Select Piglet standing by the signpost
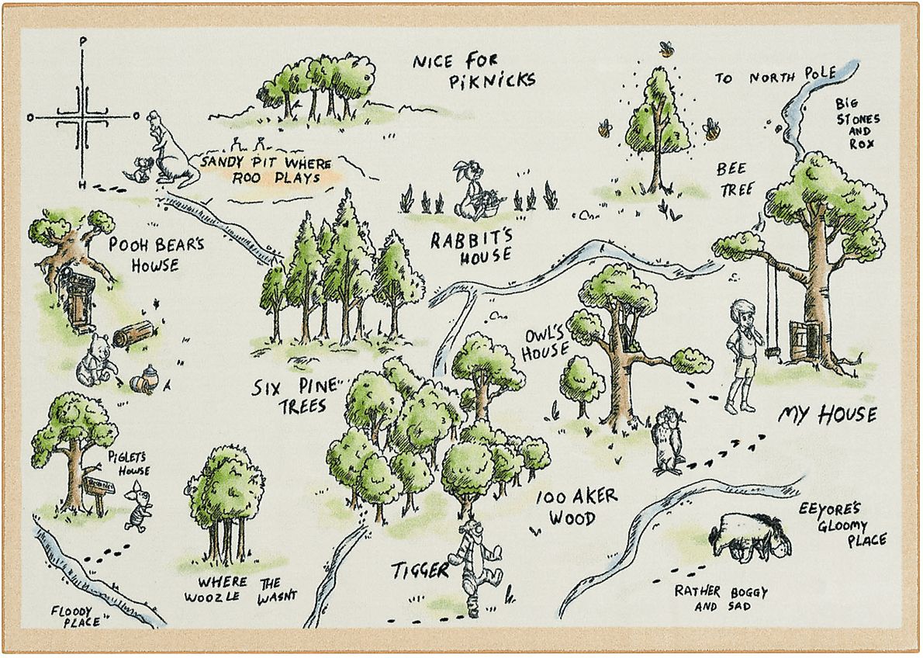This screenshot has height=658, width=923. pyautogui.click(x=139, y=504)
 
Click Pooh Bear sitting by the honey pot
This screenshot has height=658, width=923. pyautogui.click(x=95, y=360)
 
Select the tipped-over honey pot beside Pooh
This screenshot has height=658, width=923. pyautogui.click(x=144, y=380)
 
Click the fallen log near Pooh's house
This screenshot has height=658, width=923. pyautogui.click(x=133, y=334)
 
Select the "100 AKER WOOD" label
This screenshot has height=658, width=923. pyautogui.click(x=576, y=507)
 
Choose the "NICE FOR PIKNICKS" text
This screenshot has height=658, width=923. pyautogui.click(x=473, y=70)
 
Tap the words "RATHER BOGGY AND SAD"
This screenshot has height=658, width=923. pyautogui.click(x=721, y=597)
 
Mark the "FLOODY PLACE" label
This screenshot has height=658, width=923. pyautogui.click(x=76, y=616)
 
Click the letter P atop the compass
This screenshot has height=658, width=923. pyautogui.click(x=83, y=41)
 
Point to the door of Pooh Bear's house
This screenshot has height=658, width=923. pyautogui.click(x=78, y=302)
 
